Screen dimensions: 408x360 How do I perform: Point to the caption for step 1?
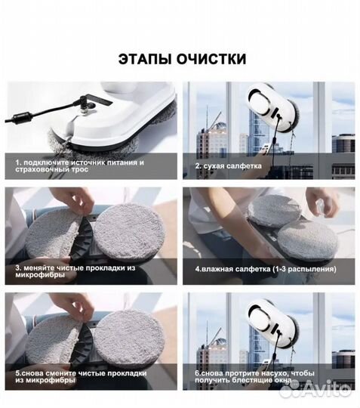click(79, 166)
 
